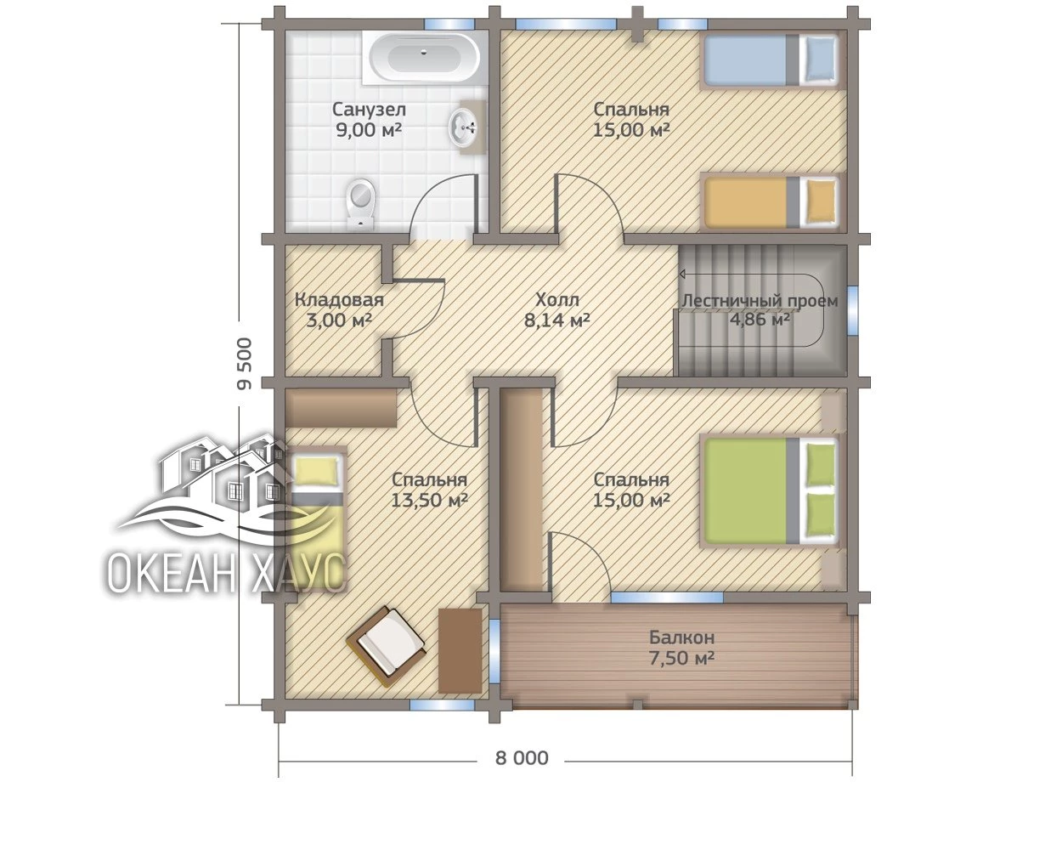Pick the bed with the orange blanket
tap(770, 202)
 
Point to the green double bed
tap(770, 491)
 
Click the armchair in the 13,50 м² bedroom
tap(386, 646)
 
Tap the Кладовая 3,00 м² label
tap(339, 310)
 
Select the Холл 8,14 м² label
tap(557, 310)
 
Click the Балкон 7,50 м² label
tap(682, 648)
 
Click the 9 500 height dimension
tap(246, 364)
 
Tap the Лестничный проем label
tap(760, 301)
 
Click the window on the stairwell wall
tap(853, 311)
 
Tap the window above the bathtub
tap(450, 24)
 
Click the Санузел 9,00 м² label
tap(369, 120)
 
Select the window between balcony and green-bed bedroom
tap(667, 598)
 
